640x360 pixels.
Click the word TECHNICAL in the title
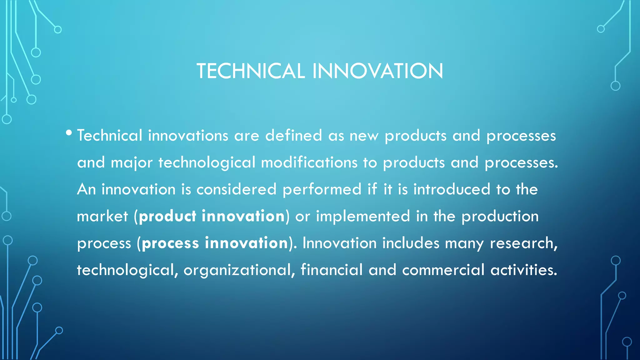pos(251,71)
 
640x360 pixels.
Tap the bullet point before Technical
pos(69,133)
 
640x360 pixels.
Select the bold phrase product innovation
pos(212,216)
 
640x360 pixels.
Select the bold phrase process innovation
pos(215,243)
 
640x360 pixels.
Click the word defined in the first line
pos(293,136)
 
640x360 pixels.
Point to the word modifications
pos(309,162)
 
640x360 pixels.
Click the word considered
pos(236,189)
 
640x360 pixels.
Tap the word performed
pos(322,189)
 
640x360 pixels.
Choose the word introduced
pos(452,189)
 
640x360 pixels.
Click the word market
pos(102,216)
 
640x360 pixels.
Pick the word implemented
pos(363,216)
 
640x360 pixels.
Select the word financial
pos(332,270)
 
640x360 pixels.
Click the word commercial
pos(443,270)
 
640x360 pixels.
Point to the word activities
pos(524,270)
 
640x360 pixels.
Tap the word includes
pos(411,243)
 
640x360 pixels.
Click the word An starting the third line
pos(87,189)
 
